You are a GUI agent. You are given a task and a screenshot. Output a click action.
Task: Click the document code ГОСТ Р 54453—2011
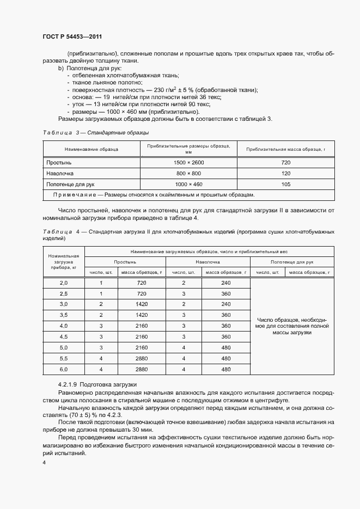click(x=72, y=36)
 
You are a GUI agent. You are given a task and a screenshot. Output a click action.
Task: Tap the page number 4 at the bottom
click(x=44, y=463)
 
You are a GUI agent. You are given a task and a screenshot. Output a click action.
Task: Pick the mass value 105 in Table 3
click(x=286, y=184)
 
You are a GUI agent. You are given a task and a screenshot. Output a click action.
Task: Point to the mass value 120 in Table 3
click(x=286, y=173)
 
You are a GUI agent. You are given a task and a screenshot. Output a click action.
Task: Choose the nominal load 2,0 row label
click(x=63, y=283)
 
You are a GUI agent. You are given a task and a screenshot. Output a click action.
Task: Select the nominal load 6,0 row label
click(x=63, y=369)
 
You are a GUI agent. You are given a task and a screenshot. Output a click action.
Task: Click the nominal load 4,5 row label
click(x=63, y=337)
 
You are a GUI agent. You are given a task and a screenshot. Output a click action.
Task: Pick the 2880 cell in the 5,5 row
click(x=142, y=358)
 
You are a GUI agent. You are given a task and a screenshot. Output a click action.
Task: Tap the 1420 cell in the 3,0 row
click(x=142, y=304)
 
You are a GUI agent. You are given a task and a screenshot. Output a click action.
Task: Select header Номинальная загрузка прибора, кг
click(x=63, y=262)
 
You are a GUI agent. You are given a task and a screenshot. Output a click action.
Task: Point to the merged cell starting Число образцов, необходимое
click(x=291, y=326)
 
